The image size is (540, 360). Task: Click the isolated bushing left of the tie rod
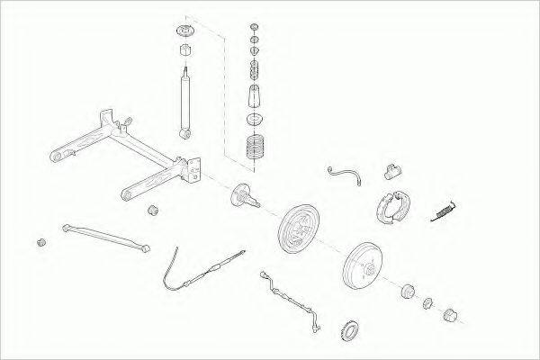(x=40, y=243)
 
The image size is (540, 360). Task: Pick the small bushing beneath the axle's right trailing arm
(x=153, y=211)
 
